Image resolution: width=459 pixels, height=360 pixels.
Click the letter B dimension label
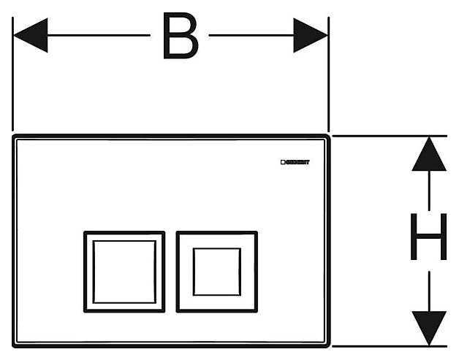point(180,36)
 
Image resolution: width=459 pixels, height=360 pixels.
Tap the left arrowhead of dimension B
point(31,35)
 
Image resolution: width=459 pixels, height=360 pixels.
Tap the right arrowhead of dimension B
point(310,35)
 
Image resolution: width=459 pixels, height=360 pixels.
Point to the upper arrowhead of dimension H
point(429,155)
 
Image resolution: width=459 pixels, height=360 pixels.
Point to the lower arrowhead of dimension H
point(429,326)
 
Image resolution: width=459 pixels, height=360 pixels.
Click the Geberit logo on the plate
point(295,162)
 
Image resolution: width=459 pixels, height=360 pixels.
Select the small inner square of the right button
point(216,271)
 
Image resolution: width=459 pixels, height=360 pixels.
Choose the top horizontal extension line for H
point(387,136)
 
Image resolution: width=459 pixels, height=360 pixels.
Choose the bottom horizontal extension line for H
point(387,346)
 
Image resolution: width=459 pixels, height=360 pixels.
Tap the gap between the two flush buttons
point(170,271)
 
